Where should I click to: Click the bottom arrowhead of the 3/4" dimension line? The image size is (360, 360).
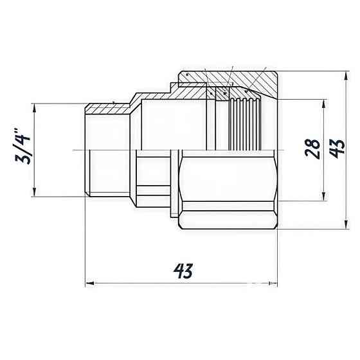pos(33,194)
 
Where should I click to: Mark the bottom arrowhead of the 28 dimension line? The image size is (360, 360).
pos(322,197)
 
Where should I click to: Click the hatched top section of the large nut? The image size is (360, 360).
pos(257,80)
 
